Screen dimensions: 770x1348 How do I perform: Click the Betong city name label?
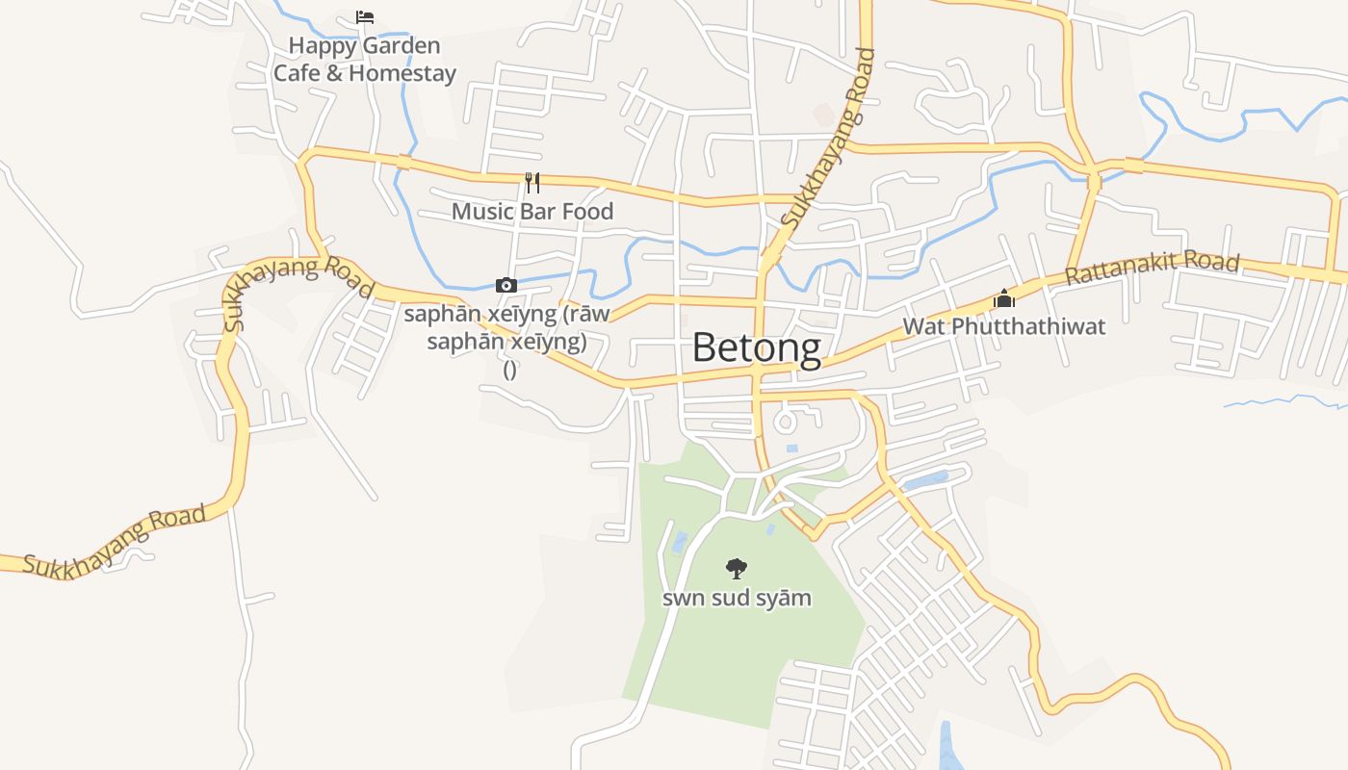757,347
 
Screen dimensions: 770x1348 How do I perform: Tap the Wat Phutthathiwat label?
1003,326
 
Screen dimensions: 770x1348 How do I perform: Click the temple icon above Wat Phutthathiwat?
1004,298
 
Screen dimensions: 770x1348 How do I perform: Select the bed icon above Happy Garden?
365,17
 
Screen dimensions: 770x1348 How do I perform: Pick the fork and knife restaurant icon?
531,182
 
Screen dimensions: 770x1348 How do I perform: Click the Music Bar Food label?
532,211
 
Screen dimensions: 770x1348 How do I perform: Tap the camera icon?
506,285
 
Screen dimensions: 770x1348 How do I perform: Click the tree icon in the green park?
737,569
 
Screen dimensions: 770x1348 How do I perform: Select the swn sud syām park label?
737,598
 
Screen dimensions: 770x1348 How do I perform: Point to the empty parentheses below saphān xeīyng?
509,369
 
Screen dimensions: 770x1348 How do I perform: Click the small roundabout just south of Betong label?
786,421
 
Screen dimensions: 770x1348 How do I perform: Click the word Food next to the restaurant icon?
588,211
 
